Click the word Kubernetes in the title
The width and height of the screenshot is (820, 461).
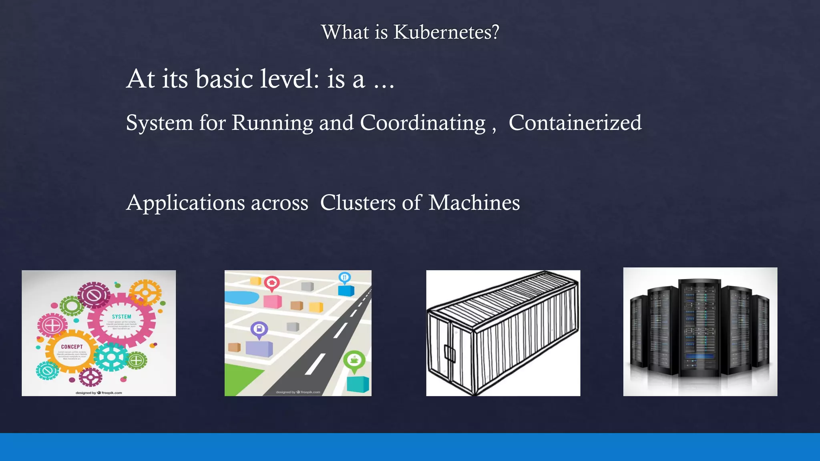(446, 32)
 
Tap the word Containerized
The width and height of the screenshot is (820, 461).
(575, 122)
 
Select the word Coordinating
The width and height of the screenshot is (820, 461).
(422, 122)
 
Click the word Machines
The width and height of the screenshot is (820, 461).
(474, 202)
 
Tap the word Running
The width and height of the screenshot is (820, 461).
(272, 123)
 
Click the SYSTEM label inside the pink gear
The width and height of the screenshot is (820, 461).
(121, 317)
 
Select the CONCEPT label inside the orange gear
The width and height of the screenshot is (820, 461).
(72, 347)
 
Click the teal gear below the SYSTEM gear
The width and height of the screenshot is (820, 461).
(111, 357)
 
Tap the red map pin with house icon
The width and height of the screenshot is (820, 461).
(272, 283)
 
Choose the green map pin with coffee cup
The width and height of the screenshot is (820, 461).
(354, 360)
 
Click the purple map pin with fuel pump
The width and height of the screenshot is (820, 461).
(259, 330)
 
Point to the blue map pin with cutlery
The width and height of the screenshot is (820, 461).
(345, 277)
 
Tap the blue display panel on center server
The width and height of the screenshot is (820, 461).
(699, 356)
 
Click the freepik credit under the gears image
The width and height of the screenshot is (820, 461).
(98, 393)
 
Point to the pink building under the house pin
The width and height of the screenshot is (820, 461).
(272, 301)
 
